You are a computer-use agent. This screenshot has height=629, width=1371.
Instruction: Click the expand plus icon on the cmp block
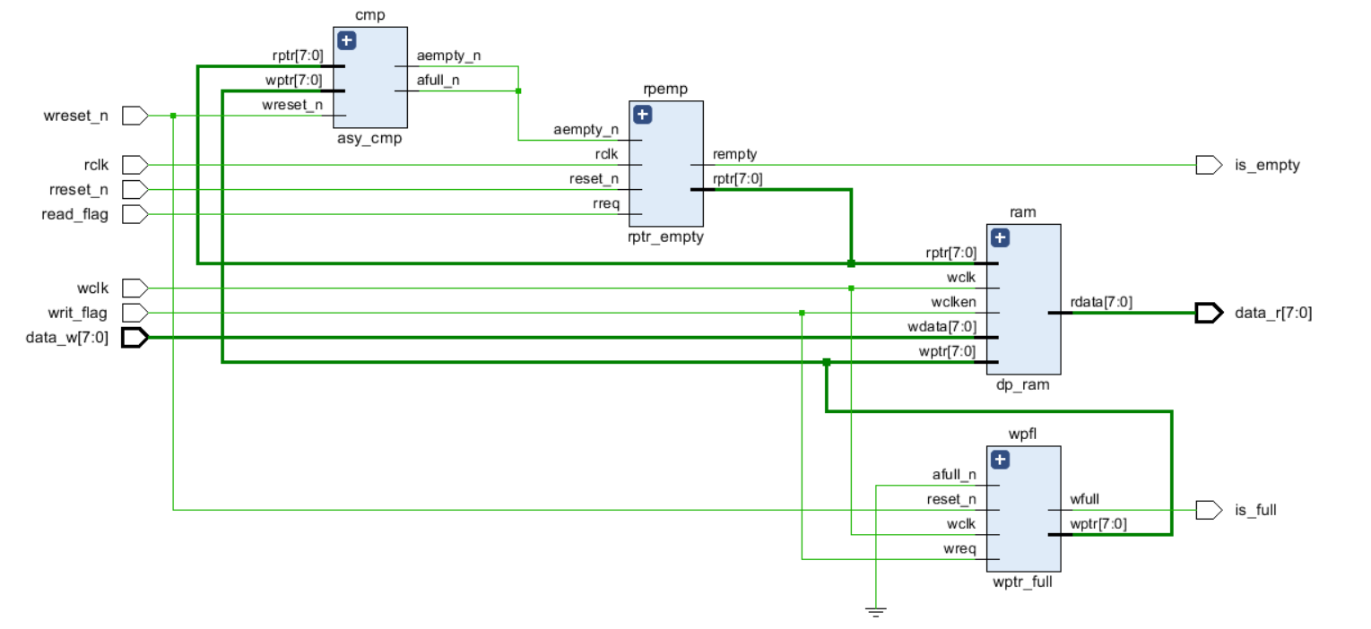click(x=347, y=40)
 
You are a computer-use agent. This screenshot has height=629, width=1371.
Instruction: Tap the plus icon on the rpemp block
click(x=642, y=115)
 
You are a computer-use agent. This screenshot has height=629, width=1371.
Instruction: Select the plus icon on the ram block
click(x=1001, y=237)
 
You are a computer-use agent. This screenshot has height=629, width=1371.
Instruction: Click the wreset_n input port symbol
click(x=134, y=116)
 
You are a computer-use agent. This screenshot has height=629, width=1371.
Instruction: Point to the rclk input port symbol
click(x=134, y=165)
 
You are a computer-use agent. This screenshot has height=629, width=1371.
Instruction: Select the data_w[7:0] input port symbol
click(x=134, y=338)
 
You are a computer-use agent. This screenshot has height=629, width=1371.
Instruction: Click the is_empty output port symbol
click(x=1208, y=165)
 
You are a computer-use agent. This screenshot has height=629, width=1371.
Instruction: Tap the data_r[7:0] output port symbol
click(x=1208, y=313)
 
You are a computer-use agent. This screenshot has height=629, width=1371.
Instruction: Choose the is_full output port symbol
click(x=1208, y=510)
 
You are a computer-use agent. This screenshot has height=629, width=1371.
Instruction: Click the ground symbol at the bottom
click(x=876, y=612)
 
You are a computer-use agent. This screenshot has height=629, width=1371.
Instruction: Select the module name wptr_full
click(x=1022, y=582)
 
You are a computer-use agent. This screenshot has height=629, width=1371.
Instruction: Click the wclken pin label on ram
click(x=954, y=302)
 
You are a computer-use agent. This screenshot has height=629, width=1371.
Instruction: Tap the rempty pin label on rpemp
click(x=735, y=155)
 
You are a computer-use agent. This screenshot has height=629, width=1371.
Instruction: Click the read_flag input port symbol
click(x=134, y=214)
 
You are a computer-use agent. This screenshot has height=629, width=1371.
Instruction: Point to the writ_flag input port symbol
click(x=134, y=313)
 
